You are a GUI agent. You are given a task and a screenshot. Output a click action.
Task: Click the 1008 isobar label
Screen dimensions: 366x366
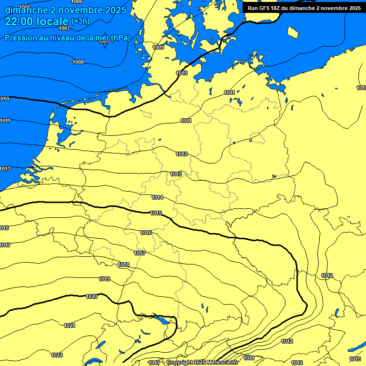tap(78, 62)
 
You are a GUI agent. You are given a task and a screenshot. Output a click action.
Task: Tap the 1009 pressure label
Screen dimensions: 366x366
tap(158, 47)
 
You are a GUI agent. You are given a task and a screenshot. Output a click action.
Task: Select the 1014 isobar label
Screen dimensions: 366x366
tap(158, 197)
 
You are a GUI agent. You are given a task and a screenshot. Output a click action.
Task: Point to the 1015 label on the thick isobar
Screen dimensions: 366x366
tap(156, 213)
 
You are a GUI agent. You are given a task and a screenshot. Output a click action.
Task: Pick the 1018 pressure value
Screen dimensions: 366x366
tap(123, 264)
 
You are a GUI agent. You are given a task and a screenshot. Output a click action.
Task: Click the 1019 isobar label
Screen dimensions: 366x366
tap(105, 279)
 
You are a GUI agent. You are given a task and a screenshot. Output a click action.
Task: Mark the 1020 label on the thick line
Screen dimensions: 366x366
tap(91, 296)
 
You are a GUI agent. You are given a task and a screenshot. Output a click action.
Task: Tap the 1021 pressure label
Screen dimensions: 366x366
tap(70, 325)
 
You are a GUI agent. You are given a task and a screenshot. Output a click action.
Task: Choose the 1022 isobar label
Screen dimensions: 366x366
tap(57, 355)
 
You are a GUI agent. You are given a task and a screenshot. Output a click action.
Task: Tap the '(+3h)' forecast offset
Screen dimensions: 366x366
tap(80, 21)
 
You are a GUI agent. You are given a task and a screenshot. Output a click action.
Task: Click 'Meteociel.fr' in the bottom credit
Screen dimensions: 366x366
tap(222, 363)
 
